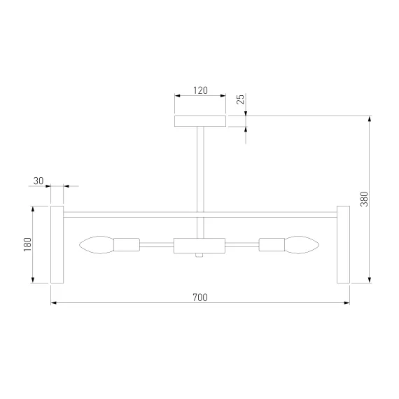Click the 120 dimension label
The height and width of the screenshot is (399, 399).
click(x=200, y=90)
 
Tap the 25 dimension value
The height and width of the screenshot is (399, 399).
click(x=241, y=99)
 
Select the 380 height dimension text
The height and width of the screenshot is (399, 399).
click(x=364, y=199)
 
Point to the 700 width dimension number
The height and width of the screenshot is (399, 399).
click(x=200, y=297)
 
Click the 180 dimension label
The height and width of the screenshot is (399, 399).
click(x=27, y=244)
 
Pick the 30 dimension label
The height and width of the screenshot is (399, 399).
click(x=38, y=181)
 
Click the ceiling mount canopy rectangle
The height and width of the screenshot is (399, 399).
click(x=200, y=121)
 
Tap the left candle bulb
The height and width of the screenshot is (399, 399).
click(x=97, y=245)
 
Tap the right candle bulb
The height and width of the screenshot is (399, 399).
click(x=302, y=245)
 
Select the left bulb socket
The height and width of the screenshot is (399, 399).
click(x=127, y=245)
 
